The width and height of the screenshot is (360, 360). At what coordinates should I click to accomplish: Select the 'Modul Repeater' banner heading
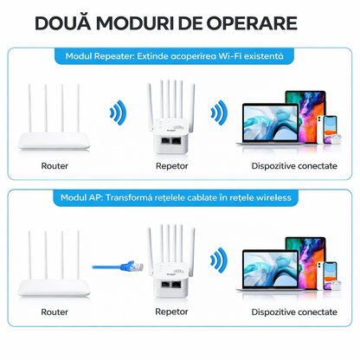pos(179,55)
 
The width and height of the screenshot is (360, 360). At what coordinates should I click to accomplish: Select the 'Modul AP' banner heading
pos(179,198)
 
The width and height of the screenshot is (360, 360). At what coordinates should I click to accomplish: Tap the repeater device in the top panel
pos(173,117)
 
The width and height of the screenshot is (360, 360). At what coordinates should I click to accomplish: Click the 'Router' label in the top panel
pos(55,164)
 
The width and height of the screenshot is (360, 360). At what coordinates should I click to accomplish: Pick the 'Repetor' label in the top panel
pos(172,164)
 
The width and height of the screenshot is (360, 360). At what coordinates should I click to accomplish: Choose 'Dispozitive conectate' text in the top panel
pos(294,164)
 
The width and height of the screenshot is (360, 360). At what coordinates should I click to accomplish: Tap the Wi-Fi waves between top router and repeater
pos(117,113)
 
